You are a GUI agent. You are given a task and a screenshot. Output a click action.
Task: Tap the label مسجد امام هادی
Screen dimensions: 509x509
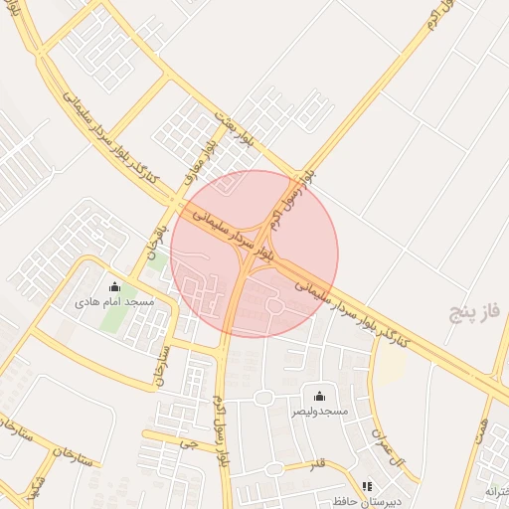coord(114,301)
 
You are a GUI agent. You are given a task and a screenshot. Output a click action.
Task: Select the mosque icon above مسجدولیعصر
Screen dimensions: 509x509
coord(319,396)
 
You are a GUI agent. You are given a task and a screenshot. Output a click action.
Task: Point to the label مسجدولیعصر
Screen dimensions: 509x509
coord(320,410)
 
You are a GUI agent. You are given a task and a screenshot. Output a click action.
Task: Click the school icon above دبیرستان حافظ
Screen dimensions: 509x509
coord(367,487)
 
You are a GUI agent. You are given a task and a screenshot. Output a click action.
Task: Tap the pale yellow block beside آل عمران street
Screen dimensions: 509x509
coord(392,369)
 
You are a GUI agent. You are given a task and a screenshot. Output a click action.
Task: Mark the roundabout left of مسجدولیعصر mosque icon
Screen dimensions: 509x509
coord(263,399)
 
